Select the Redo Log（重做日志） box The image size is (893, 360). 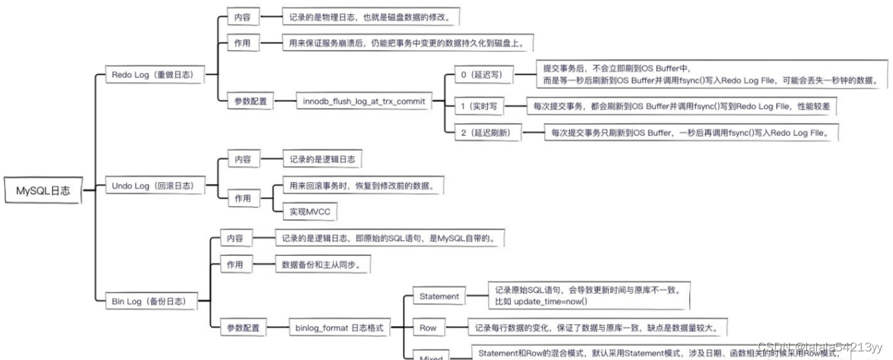[154, 75]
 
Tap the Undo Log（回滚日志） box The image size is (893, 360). [154, 186]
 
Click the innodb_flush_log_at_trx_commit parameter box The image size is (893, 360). [363, 101]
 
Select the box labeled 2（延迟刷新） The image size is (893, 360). [486, 133]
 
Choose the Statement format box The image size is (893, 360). [439, 296]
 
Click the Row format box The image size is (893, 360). [428, 328]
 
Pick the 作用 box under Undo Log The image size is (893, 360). [242, 198]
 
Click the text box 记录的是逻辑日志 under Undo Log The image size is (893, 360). [321, 160]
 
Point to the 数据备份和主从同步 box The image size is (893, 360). [323, 265]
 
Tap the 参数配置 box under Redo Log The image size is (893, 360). [250, 101]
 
